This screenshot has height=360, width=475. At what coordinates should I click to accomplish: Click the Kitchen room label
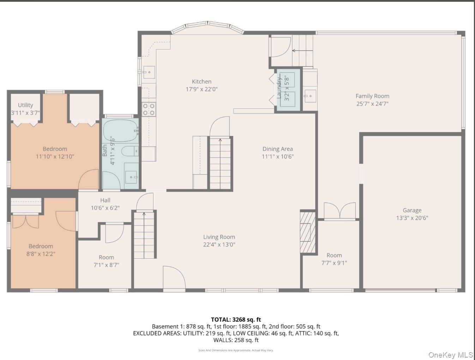(202, 82)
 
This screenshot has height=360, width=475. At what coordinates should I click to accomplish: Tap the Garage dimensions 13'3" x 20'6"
(412, 218)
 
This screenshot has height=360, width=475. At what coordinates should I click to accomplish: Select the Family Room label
(372, 96)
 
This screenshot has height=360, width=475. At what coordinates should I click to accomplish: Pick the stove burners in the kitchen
(149, 109)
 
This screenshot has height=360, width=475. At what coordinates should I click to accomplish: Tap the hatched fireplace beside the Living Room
(307, 232)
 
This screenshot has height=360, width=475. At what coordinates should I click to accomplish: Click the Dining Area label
(277, 149)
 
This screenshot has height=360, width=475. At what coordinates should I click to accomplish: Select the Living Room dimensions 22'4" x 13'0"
(219, 245)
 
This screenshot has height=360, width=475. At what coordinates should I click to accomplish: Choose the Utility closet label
(25, 105)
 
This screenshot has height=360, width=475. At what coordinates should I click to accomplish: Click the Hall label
(105, 200)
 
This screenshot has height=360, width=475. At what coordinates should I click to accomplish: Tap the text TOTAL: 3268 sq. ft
(236, 320)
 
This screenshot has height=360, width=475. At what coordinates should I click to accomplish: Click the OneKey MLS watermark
(450, 355)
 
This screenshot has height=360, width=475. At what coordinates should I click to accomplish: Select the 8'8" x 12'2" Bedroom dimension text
(41, 254)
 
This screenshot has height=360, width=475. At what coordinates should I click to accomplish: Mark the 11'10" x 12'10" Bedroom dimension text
(55, 157)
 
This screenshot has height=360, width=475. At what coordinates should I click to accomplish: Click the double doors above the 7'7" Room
(339, 211)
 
